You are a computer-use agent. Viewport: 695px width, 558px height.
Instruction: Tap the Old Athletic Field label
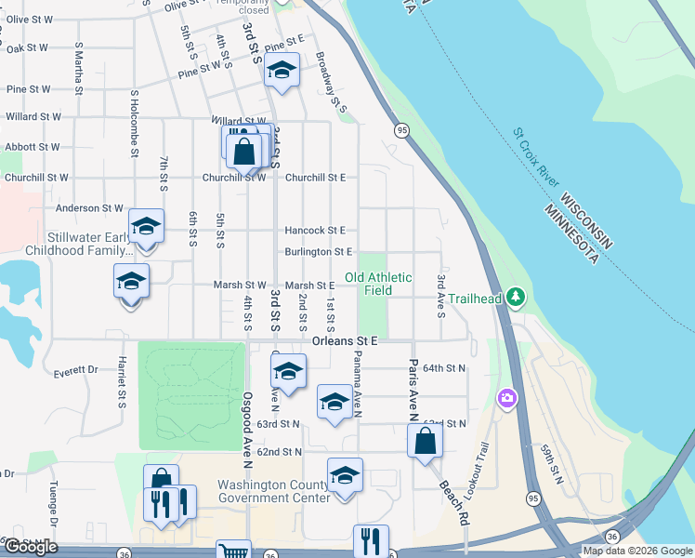coord(378,284)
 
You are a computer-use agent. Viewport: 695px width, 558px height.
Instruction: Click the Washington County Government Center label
coord(274,491)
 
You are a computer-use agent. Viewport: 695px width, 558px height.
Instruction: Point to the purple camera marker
coord(507,398)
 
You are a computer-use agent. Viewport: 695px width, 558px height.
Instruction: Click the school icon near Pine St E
coord(282,71)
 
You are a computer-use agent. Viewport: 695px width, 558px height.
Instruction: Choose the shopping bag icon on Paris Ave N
coord(425,441)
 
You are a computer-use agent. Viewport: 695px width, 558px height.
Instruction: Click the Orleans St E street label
coord(345,340)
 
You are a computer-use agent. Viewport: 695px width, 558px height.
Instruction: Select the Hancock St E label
coord(315,230)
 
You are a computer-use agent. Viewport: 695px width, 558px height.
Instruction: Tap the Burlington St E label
coord(319,251)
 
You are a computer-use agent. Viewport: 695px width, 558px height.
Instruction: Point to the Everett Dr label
coord(76,369)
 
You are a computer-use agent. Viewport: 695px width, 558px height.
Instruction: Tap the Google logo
coord(31,547)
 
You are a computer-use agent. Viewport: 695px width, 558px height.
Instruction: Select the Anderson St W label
coord(90,208)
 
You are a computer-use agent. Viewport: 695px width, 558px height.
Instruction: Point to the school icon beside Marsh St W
coord(131,281)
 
